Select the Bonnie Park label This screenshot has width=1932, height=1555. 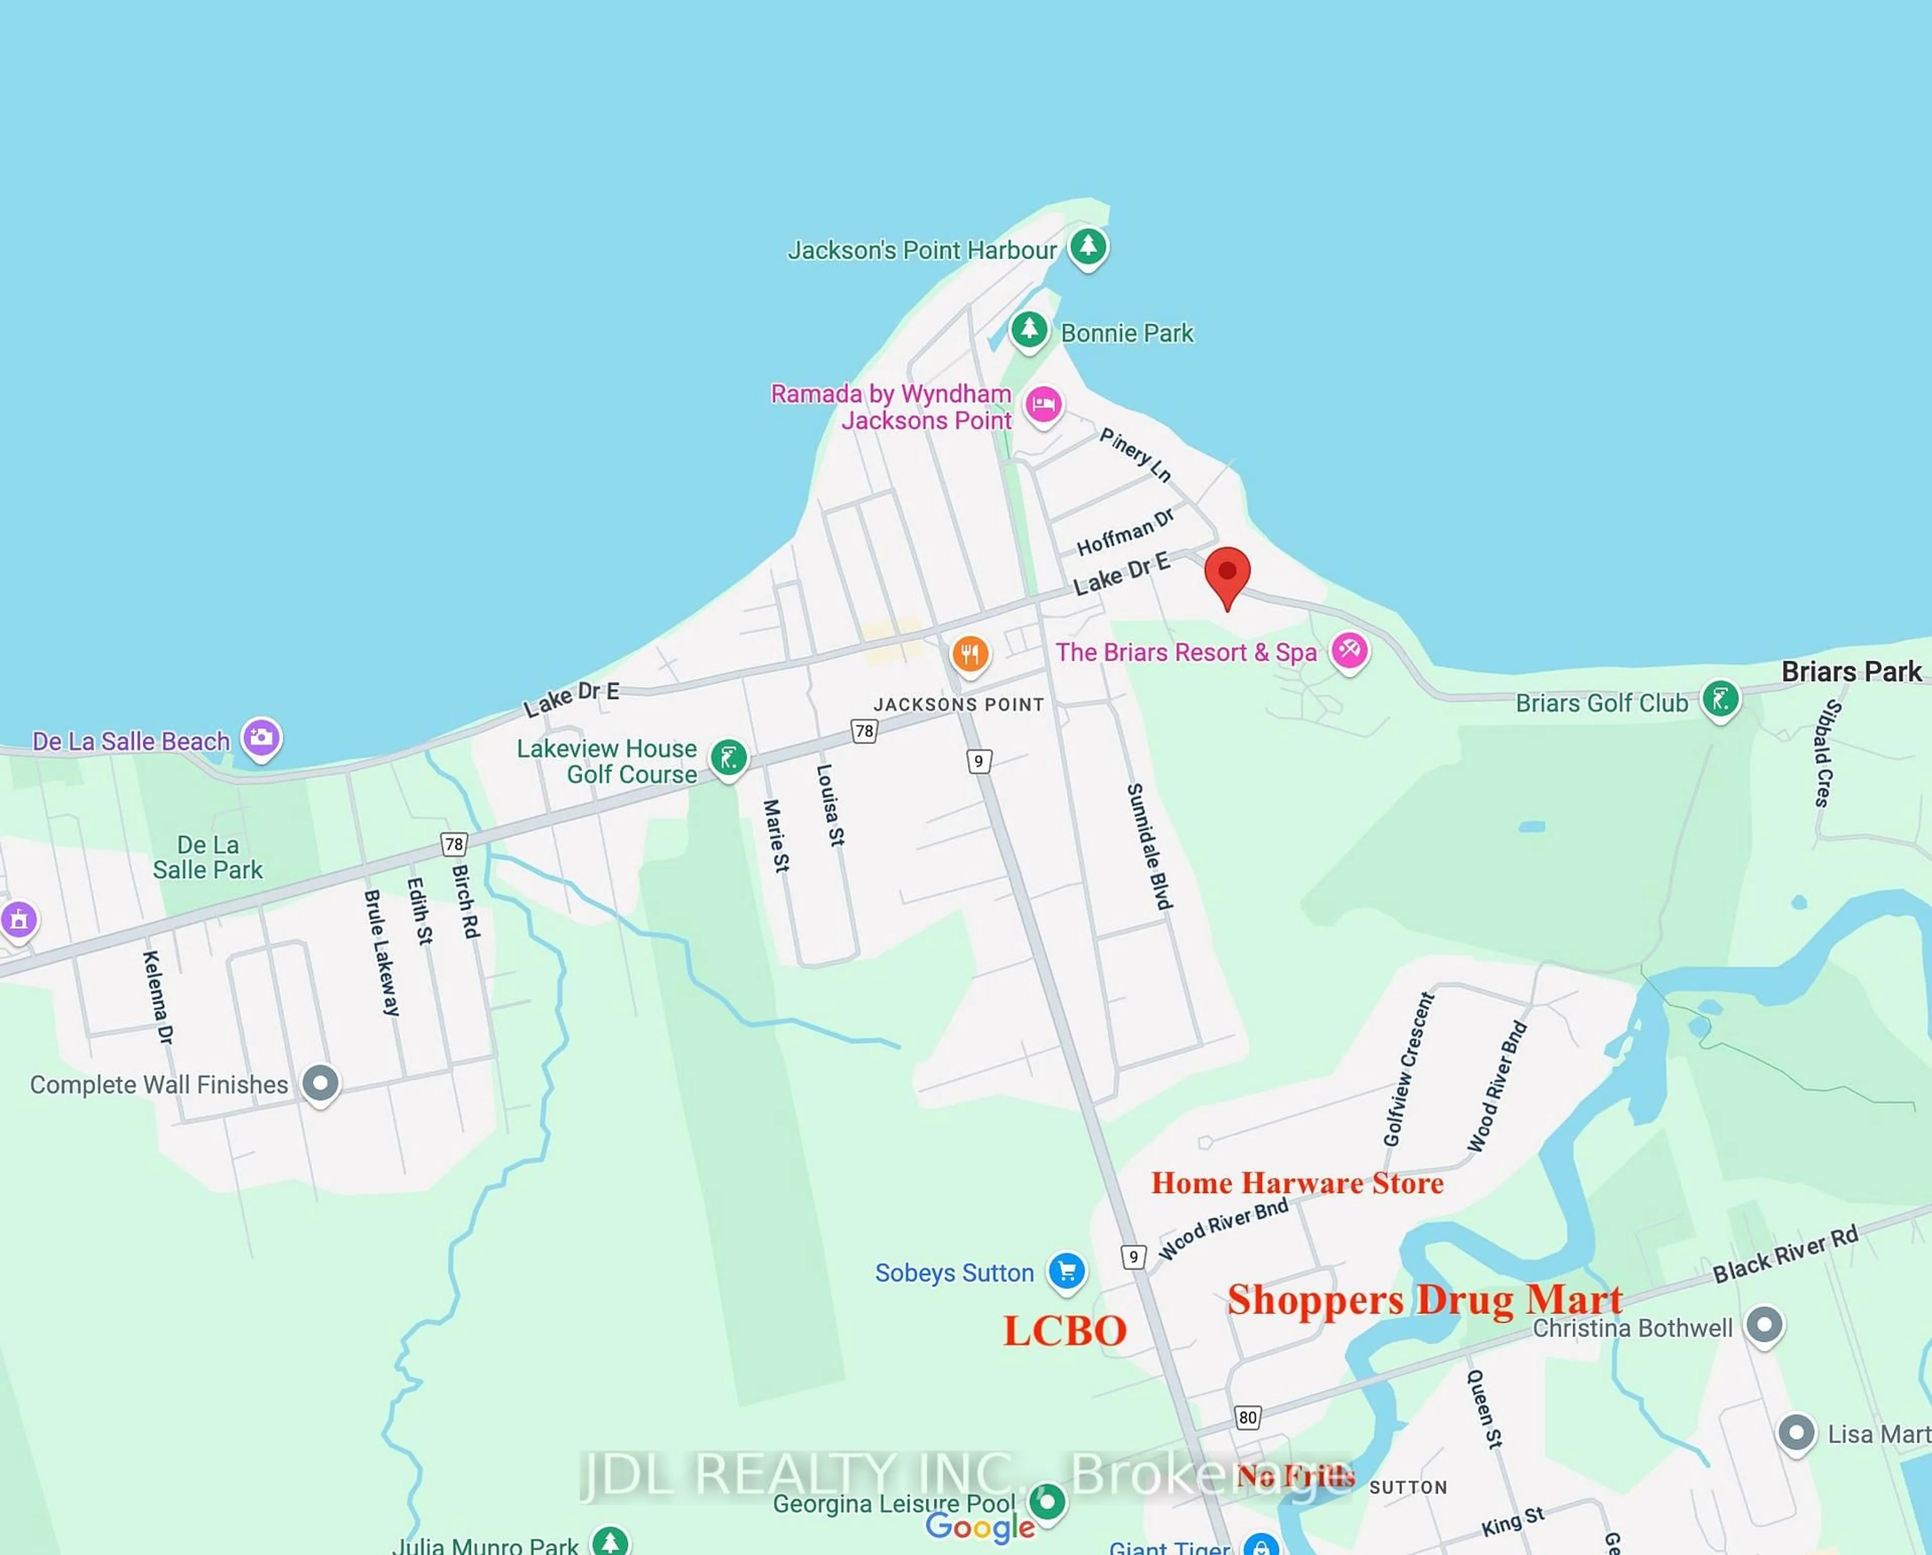(1126, 333)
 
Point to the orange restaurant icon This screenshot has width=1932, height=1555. (970, 653)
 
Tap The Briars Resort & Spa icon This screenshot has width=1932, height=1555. (1349, 649)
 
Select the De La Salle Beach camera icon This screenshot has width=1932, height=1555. (261, 738)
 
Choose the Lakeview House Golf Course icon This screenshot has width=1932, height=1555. (729, 758)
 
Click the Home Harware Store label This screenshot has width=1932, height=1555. (1297, 1183)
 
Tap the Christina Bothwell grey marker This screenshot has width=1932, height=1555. (1763, 1325)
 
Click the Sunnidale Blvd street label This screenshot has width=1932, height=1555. (1149, 846)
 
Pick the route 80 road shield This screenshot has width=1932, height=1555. (1247, 1417)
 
